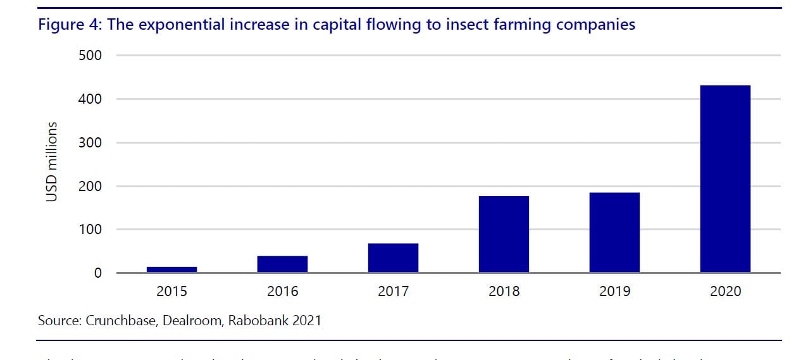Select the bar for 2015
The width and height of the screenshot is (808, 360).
(171, 270)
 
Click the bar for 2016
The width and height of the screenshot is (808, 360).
(282, 264)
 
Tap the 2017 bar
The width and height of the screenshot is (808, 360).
(393, 258)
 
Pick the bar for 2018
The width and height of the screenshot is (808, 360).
(504, 234)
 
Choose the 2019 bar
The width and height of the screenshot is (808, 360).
(614, 232)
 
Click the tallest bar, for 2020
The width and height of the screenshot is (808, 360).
(725, 179)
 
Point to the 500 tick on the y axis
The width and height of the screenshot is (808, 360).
(91, 56)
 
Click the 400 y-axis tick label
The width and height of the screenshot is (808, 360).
(91, 99)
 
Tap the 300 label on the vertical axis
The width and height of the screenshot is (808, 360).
(91, 143)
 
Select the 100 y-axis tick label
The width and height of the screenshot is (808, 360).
(91, 230)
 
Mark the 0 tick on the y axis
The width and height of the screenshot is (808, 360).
(97, 273)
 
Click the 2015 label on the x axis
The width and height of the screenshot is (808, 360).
(171, 292)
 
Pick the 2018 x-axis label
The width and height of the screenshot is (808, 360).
(504, 292)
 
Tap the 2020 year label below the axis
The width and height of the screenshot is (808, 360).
(725, 292)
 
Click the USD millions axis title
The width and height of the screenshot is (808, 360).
(52, 162)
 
